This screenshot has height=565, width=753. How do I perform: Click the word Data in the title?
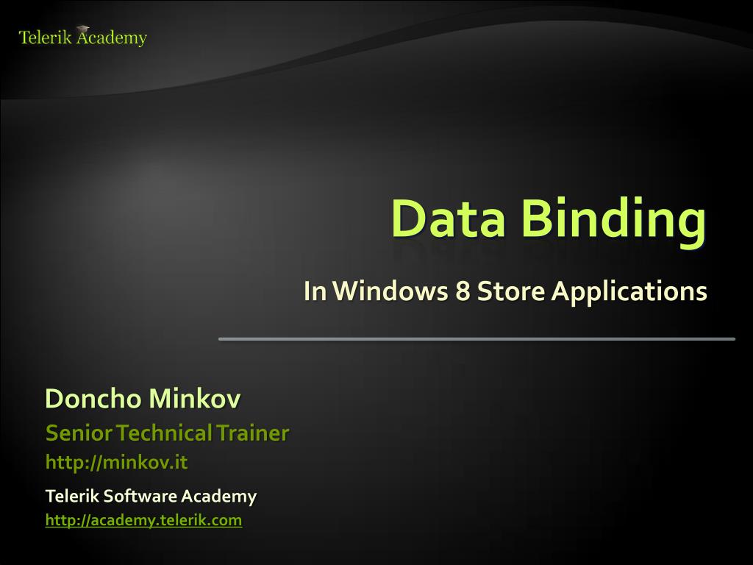click(x=448, y=218)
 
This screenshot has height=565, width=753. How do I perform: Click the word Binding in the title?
click(x=613, y=220)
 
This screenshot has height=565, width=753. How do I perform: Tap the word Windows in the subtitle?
click(x=388, y=292)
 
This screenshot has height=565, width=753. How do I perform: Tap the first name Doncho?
click(x=93, y=399)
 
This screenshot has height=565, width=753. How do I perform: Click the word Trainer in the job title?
click(x=252, y=433)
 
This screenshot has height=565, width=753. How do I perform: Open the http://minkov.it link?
click(x=116, y=463)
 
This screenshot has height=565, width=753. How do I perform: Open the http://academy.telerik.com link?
click(x=143, y=520)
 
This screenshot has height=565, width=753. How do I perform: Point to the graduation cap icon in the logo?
click(x=82, y=29)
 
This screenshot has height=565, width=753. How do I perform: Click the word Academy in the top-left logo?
click(x=113, y=38)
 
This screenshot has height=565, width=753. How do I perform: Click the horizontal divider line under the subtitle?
click(x=477, y=338)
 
